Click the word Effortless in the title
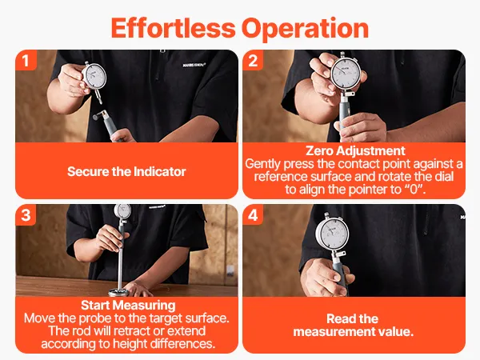tap(173, 28)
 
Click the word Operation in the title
tap(306, 29)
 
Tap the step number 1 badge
tap(26, 60)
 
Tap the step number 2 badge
tap(253, 60)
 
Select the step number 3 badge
tap(26, 215)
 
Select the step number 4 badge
tap(253, 215)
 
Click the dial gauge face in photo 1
tap(95, 76)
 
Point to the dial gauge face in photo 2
tap(346, 73)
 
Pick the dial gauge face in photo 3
tap(122, 210)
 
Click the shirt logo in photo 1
tap(194, 65)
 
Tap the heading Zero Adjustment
tap(355, 151)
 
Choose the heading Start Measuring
tap(128, 306)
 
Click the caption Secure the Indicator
tap(126, 171)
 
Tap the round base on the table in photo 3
tap(118, 292)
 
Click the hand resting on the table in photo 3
tap(138, 288)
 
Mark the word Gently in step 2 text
tap(262, 164)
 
